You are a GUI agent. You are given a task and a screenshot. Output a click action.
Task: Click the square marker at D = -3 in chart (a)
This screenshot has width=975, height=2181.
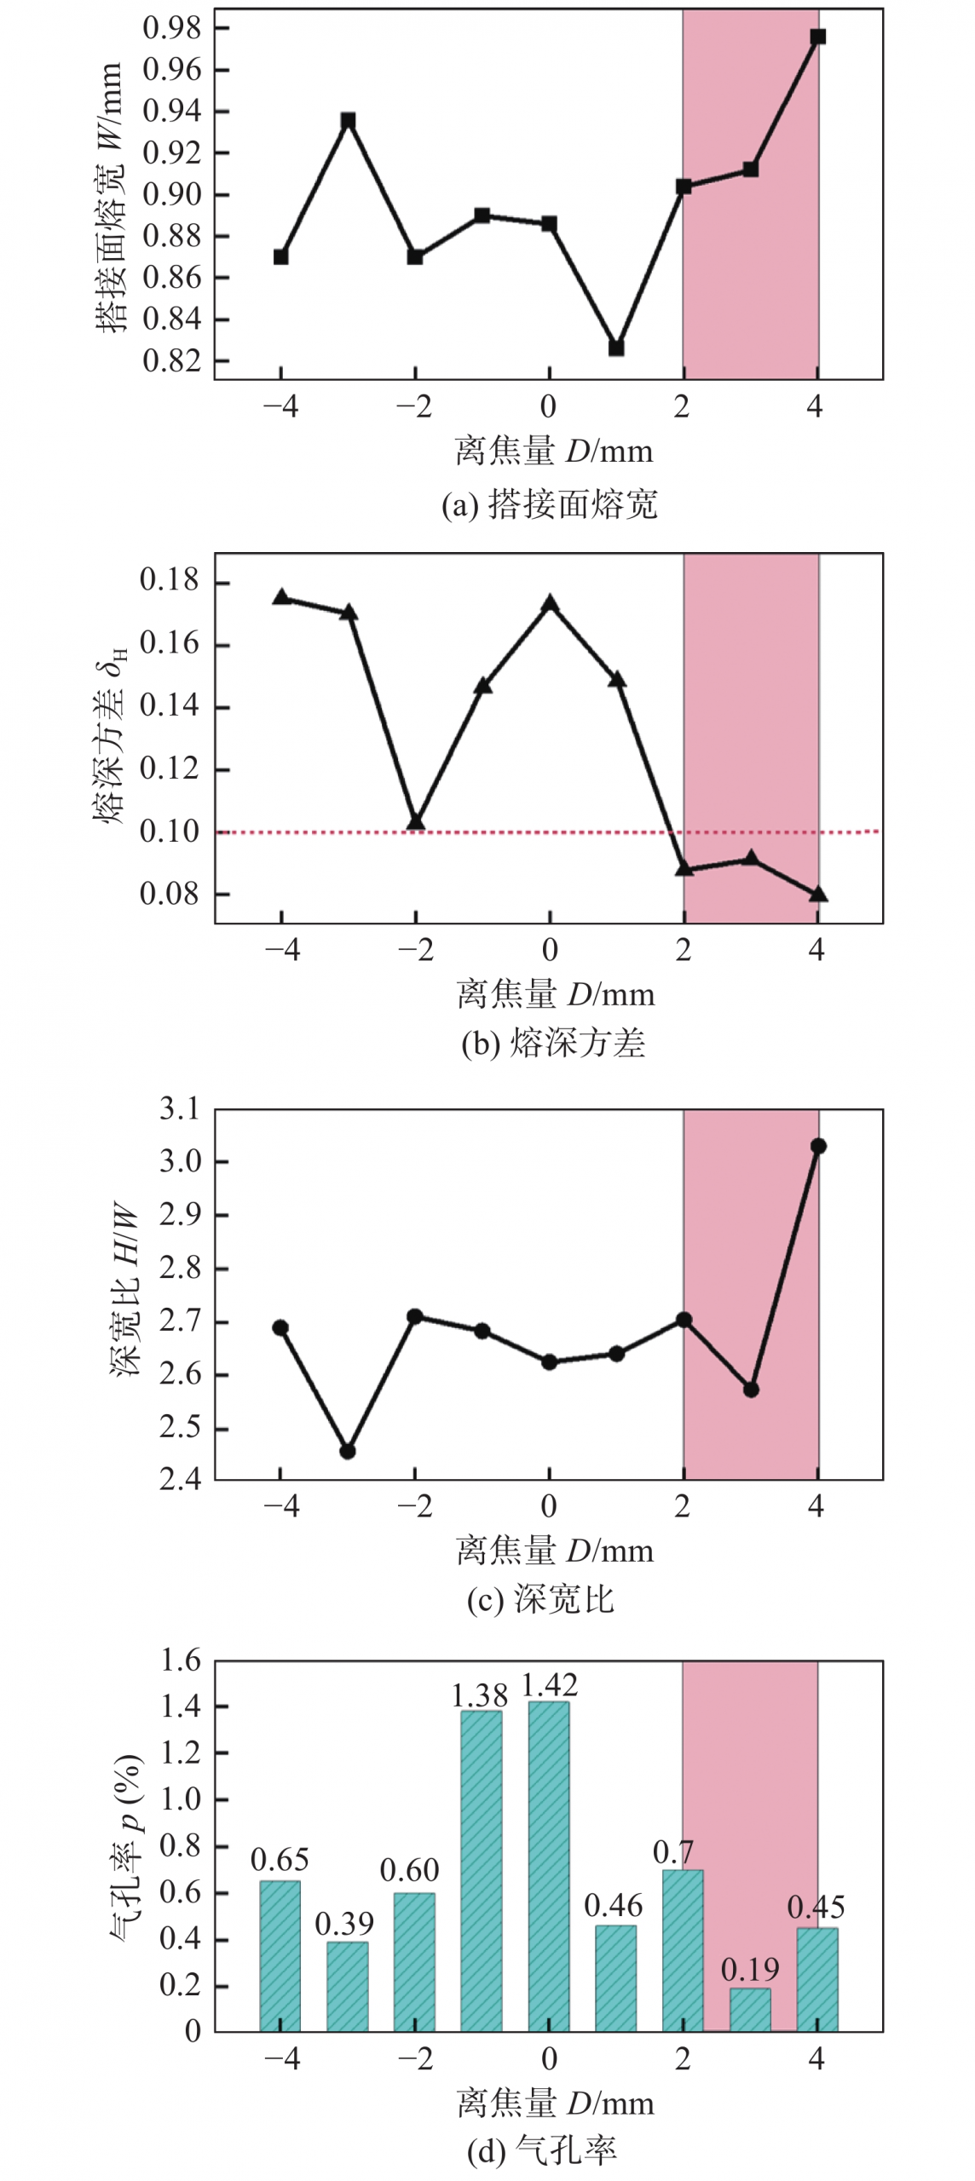(348, 121)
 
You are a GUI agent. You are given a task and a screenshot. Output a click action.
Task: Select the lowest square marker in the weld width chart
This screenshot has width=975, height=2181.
(616, 348)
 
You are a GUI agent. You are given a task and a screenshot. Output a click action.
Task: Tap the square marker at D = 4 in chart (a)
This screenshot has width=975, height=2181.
(817, 37)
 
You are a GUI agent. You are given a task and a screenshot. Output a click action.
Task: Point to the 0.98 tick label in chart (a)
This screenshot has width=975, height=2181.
(172, 28)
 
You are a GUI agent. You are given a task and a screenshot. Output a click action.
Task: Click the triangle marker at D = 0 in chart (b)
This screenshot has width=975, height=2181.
(550, 604)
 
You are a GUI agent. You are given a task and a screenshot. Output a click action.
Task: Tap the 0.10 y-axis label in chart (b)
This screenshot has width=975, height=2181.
(169, 831)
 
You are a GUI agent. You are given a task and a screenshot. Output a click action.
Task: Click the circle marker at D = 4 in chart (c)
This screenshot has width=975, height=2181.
(818, 1146)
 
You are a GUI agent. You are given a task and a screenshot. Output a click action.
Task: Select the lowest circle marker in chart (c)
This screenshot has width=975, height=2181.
(348, 1451)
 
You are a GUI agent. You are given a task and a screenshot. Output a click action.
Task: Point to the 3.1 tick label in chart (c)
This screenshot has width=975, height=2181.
(179, 1109)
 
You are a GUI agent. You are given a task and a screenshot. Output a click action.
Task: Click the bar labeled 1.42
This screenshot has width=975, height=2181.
(549, 1866)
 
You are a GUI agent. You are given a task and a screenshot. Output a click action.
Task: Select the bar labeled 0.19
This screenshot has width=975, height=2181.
(750, 2010)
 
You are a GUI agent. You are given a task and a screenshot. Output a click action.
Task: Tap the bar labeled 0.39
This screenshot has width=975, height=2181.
(348, 1987)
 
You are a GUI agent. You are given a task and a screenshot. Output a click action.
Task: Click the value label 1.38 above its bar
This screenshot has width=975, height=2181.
(479, 1695)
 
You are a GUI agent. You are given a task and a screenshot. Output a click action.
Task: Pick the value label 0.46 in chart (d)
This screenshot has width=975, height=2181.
(614, 1906)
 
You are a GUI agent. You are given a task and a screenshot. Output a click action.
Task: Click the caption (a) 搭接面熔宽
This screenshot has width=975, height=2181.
(550, 504)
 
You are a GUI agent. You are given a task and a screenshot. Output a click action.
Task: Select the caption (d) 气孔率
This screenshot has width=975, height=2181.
(542, 2151)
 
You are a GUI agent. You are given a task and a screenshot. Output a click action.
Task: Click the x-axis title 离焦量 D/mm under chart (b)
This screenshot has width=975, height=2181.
(556, 994)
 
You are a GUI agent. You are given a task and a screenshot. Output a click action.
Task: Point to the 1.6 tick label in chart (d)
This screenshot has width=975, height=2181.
(181, 1660)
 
